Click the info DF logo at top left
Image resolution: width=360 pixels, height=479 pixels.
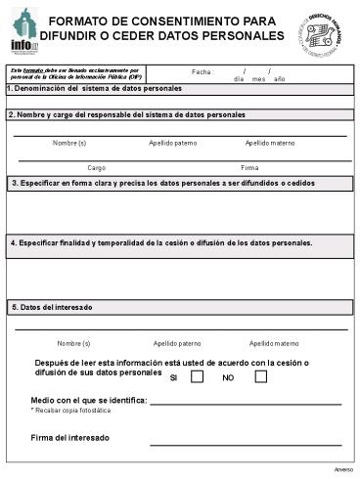click(x=23, y=30)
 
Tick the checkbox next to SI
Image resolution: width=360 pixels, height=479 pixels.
click(x=197, y=376)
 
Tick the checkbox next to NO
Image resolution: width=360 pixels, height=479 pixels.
click(x=260, y=376)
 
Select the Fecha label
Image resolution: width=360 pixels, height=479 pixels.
click(x=202, y=71)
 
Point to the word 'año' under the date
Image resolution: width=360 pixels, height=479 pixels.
click(x=280, y=79)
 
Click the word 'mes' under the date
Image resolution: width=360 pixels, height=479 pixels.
click(x=258, y=79)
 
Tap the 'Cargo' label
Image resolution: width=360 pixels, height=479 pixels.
click(x=97, y=168)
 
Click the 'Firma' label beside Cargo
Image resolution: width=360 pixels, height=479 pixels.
click(x=249, y=168)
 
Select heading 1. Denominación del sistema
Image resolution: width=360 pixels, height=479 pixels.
click(x=94, y=88)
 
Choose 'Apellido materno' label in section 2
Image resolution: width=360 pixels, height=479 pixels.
click(x=269, y=143)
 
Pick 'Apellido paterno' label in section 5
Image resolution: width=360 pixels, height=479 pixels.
click(x=178, y=343)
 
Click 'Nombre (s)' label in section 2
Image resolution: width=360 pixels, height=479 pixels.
click(x=69, y=143)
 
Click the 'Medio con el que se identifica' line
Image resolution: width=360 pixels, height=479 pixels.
click(x=245, y=401)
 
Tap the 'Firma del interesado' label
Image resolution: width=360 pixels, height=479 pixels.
click(x=69, y=437)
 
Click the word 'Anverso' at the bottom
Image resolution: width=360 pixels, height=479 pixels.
click(x=343, y=469)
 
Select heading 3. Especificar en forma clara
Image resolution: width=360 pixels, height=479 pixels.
click(x=162, y=183)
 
